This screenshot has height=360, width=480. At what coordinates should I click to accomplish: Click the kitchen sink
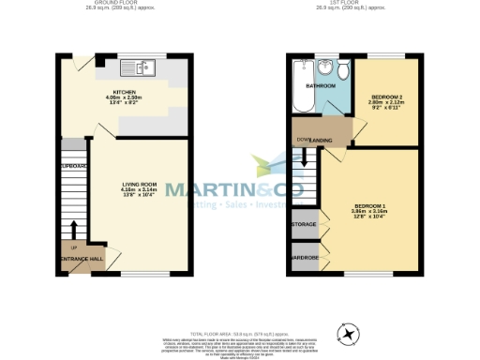(145, 68)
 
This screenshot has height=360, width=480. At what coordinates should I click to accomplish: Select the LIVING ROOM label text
(139, 184)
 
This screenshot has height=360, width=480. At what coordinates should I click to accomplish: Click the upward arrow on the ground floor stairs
(74, 229)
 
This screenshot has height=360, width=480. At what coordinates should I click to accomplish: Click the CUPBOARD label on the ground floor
(73, 166)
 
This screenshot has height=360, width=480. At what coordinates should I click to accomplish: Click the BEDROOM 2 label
(387, 97)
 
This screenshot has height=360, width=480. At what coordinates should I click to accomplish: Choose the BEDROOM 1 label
(370, 206)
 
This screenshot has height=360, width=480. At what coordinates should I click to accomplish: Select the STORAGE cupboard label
(303, 226)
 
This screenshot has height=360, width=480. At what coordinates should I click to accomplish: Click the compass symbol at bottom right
(348, 332)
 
